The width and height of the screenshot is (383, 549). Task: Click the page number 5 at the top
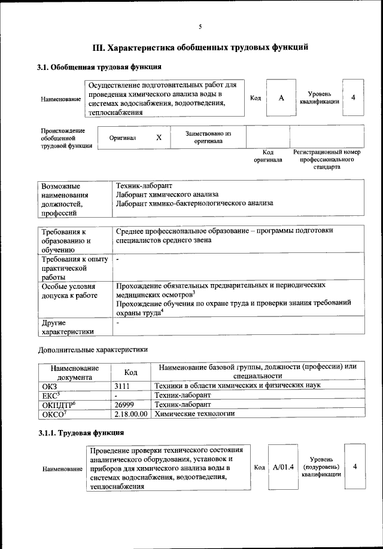point(200,26)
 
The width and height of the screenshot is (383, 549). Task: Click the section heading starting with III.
point(200,47)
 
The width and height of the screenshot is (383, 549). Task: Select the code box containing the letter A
point(281,97)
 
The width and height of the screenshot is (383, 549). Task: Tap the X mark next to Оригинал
point(159,138)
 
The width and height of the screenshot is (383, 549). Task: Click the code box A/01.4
point(283,466)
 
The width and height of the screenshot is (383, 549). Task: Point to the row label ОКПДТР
point(57,405)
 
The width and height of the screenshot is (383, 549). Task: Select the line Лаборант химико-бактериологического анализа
point(194,203)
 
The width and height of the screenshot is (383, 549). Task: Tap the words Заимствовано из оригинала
point(208,138)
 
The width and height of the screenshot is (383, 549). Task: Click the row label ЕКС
point(51,395)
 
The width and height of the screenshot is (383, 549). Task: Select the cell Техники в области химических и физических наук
point(238,386)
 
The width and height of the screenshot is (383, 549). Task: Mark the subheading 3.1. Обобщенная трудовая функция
point(99,66)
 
